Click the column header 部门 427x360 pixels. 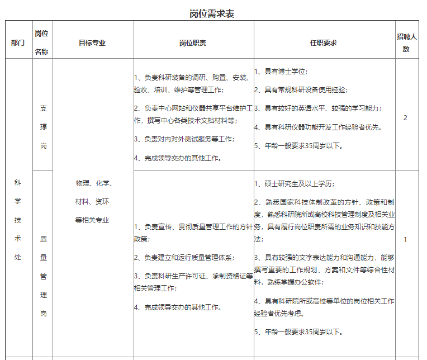point(18,43)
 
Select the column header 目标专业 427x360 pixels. point(92,43)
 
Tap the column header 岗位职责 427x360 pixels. point(193,43)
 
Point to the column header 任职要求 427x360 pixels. point(324,43)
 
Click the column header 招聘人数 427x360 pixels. point(406,43)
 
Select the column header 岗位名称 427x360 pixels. point(42,43)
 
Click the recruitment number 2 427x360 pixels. point(406,118)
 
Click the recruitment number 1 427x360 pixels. point(406,240)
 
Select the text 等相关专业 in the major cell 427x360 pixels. point(92,220)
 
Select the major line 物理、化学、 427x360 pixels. point(93,183)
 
